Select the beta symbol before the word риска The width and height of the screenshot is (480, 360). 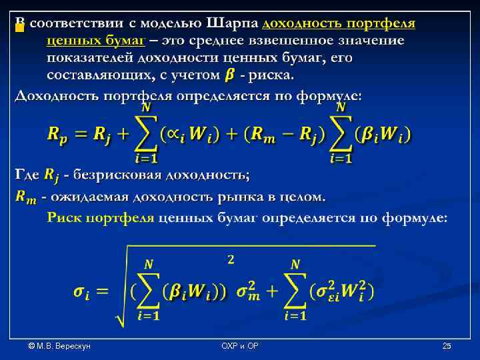tap(229, 74)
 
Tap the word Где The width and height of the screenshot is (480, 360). tap(27, 175)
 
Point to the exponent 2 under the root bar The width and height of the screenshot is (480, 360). tap(231, 260)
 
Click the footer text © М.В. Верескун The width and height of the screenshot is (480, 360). tap(59, 346)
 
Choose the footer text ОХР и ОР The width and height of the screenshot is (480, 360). tap(240, 346)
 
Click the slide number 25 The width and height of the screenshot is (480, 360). tap(447, 346)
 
